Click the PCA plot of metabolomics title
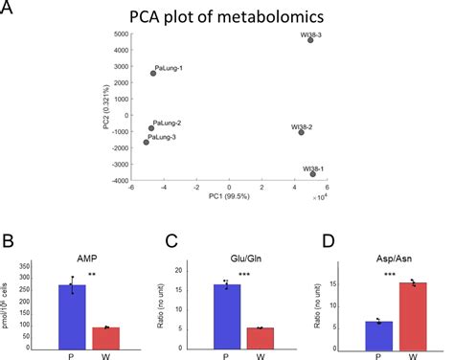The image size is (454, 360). pyautogui.click(x=227, y=16)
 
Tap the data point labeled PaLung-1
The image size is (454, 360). pyautogui.click(x=153, y=73)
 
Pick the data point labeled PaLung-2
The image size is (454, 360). pyautogui.click(x=150, y=128)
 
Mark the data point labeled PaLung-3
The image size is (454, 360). pyautogui.click(x=147, y=142)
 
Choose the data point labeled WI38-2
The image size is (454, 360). pyautogui.click(x=302, y=132)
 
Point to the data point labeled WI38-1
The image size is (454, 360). pyautogui.click(x=312, y=173)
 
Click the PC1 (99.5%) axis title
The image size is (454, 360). pyautogui.click(x=229, y=197)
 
